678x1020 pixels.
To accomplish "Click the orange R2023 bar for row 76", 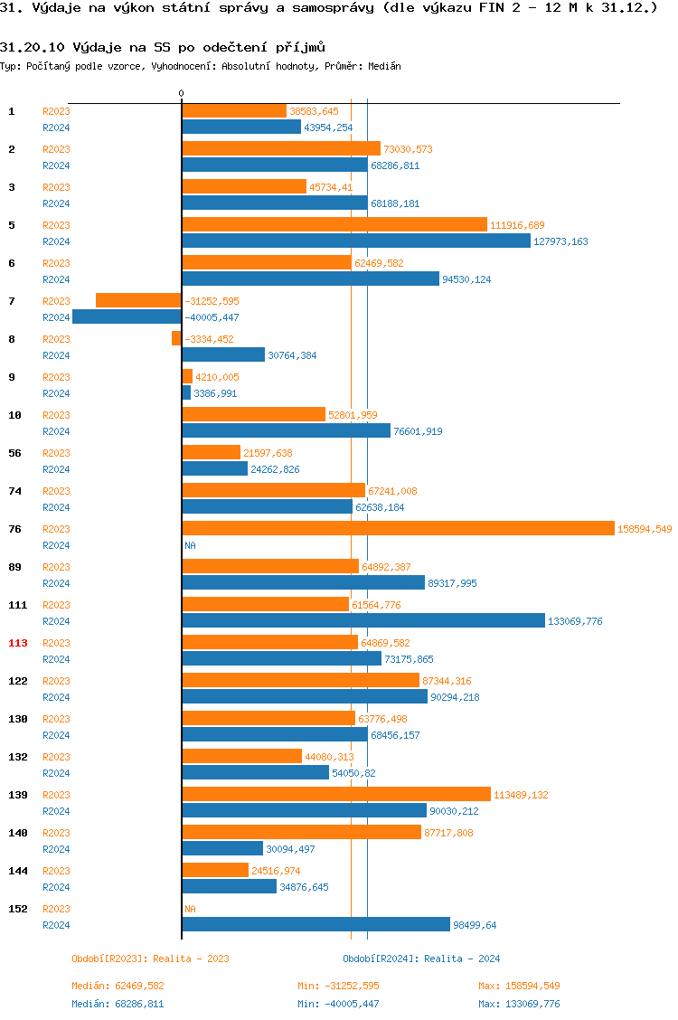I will point(398,528).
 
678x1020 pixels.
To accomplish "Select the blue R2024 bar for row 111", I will point(363,620).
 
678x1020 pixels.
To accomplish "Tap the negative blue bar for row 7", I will point(127,316).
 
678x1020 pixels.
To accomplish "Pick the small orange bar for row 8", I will point(176,338).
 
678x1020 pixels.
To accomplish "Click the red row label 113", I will point(18,643).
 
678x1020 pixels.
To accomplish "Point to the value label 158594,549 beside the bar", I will point(645,529).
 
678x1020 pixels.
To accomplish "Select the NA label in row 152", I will point(190,909).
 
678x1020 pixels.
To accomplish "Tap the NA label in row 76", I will point(190,545).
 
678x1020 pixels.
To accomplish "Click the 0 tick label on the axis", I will point(181,93).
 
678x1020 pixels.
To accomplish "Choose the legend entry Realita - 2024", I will point(421,959).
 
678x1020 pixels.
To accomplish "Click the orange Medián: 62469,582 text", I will point(118,986).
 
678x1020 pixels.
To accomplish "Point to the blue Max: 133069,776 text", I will point(519,1004).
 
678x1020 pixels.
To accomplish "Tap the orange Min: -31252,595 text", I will point(338,986).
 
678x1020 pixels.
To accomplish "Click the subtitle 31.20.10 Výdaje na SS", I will point(163,46).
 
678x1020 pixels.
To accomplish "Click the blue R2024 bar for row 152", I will point(315,924).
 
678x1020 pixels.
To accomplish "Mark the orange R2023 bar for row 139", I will point(336,794).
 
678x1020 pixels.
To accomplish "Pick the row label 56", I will point(14,453).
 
